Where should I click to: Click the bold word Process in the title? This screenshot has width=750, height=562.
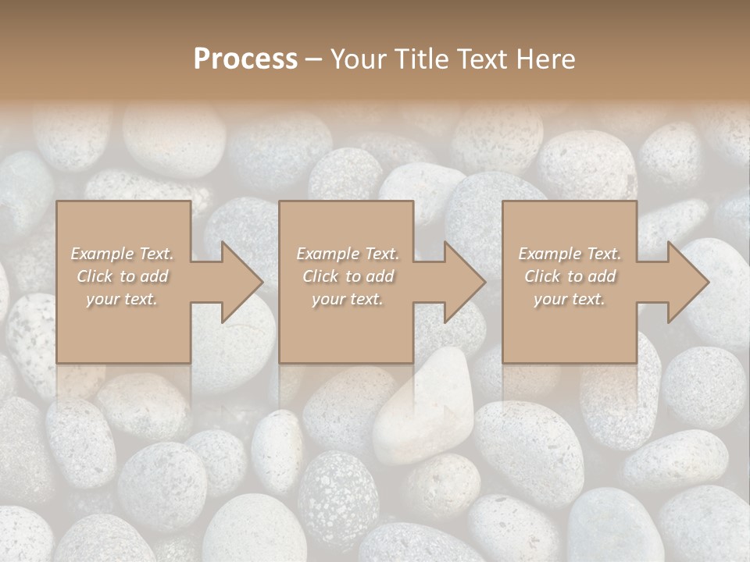click(245, 59)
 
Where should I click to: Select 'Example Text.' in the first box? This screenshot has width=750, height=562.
click(123, 254)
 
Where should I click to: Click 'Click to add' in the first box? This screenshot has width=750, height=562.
click(123, 276)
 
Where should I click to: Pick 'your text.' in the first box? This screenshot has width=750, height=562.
click(123, 299)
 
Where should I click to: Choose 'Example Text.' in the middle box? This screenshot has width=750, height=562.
click(348, 254)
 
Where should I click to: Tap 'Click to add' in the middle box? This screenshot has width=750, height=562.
click(348, 276)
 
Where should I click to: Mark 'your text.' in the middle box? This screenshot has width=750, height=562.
click(348, 299)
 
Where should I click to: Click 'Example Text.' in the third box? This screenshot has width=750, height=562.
click(570, 254)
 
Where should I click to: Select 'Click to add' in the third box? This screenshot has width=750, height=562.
click(570, 276)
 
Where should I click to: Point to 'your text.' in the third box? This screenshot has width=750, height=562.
click(570, 299)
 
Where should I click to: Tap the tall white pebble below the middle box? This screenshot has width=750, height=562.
click(426, 406)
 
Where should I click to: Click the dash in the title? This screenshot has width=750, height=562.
click(314, 60)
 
